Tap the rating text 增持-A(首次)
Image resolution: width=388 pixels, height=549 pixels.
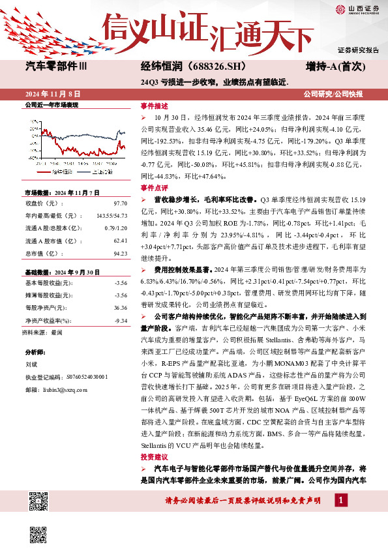pyautogui.click(x=335, y=66)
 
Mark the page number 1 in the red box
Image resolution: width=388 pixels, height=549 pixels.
pyautogui.click(x=340, y=499)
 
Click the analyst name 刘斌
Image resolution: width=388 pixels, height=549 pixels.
pyautogui.click(x=31, y=364)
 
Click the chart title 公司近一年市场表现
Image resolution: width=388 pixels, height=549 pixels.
pyautogui.click(x=51, y=104)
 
